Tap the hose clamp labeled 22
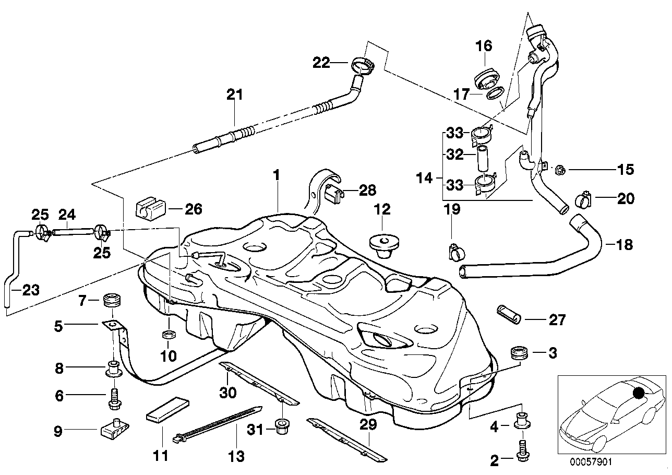[x=364, y=65]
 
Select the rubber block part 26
[x=150, y=209]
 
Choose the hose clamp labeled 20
[x=582, y=199]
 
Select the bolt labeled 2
[x=521, y=450]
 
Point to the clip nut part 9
[x=114, y=430]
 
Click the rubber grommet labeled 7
[x=112, y=301]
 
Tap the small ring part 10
[x=169, y=334]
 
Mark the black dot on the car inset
[x=638, y=392]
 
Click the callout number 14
[x=425, y=178]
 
